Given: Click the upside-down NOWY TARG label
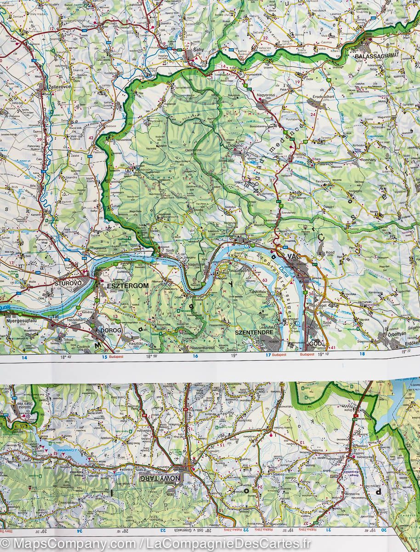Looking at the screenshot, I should pos(160,478).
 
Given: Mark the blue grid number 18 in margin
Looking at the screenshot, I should pos(362,354).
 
